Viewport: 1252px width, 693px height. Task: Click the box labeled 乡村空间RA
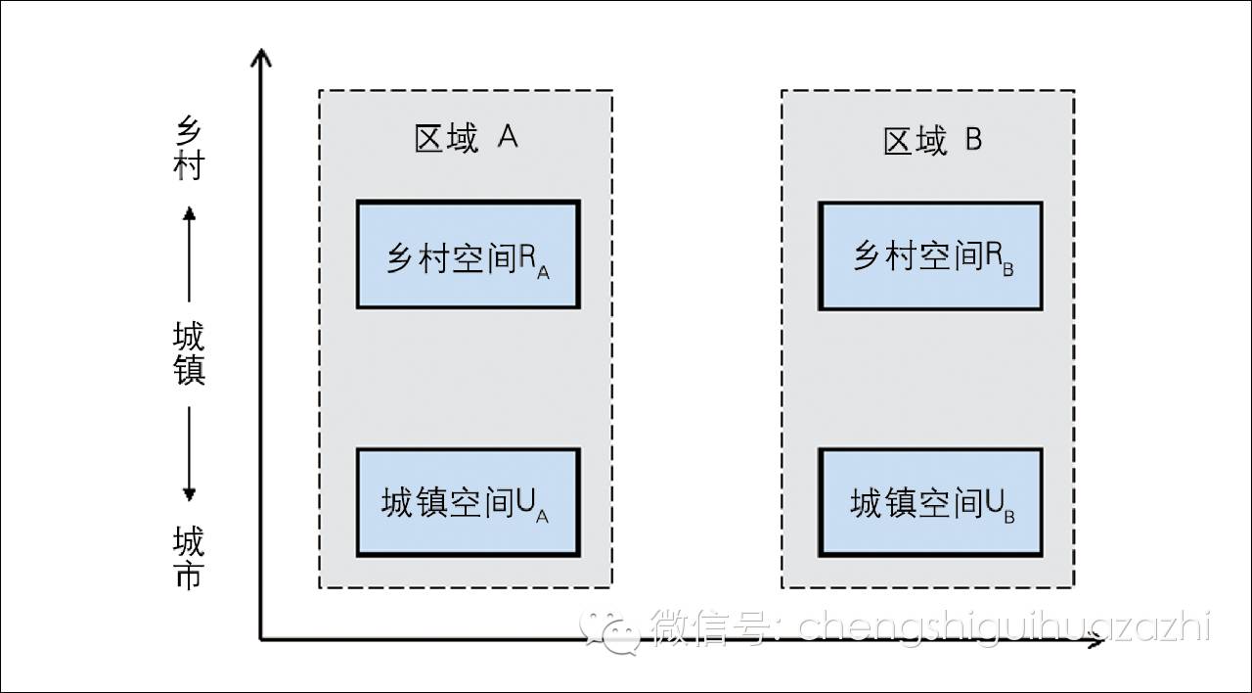pos(469,254)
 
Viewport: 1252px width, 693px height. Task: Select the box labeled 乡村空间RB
pos(930,256)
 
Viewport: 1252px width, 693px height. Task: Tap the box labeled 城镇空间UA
pos(469,502)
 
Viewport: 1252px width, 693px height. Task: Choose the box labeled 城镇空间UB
pos(930,502)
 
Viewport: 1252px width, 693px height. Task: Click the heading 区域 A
pos(467,138)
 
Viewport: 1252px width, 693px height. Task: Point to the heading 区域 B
pos(932,140)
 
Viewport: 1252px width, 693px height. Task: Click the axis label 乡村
pos(189,148)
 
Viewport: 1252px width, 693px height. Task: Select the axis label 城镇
pos(189,353)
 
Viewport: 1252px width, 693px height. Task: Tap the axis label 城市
pos(189,558)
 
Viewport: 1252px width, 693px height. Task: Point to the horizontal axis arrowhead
pos(1096,639)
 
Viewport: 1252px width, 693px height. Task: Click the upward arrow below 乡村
pos(189,254)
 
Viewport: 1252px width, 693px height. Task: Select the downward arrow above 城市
pos(189,453)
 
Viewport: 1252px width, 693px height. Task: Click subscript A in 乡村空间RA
pos(543,273)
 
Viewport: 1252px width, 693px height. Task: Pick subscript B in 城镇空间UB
pos(1009,518)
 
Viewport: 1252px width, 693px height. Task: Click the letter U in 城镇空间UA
pos(525,502)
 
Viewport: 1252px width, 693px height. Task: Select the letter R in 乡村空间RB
pos(993,255)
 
